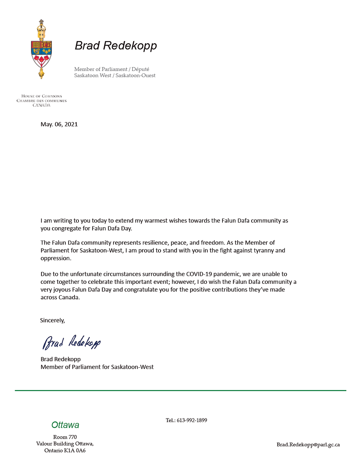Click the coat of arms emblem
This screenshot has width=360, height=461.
click(41, 49)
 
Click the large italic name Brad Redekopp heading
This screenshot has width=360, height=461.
click(116, 46)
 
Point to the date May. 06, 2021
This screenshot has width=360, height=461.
click(59, 124)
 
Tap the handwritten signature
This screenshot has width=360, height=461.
click(72, 342)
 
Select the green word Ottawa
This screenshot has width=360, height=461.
click(65, 425)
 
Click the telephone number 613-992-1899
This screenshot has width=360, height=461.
click(192, 420)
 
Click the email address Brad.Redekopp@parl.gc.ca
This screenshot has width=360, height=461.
click(308, 445)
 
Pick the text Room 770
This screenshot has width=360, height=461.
click(65, 437)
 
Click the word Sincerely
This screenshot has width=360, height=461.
click(52, 321)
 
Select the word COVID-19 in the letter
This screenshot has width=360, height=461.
click(199, 274)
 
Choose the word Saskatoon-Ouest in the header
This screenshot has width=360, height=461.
click(135, 76)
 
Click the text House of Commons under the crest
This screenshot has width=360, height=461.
click(42, 96)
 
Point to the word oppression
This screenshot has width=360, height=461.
click(55, 258)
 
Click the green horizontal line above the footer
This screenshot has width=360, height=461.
click(180, 390)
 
